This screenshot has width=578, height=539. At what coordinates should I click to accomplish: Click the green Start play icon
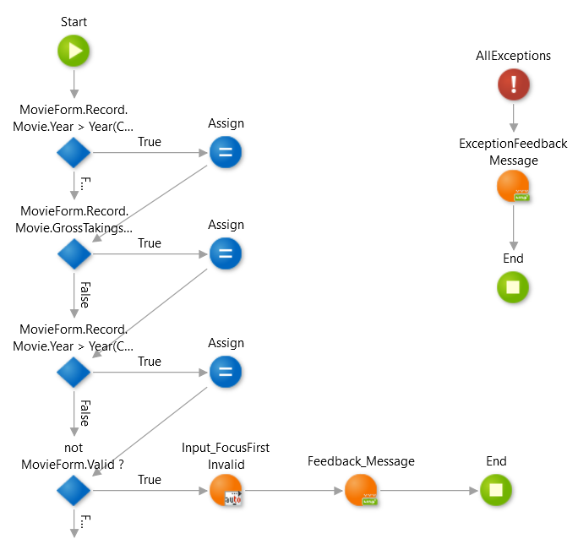74,51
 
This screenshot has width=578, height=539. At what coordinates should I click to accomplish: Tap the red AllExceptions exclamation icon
513,84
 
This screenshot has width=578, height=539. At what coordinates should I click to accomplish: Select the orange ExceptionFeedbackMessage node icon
512,186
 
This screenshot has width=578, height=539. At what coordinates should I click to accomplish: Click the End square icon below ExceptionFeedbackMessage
513,287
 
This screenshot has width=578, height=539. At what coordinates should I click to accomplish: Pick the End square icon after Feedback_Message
496,490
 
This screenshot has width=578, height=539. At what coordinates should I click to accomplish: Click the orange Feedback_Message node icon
361,490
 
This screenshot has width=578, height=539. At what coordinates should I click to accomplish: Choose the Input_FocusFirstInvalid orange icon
226,490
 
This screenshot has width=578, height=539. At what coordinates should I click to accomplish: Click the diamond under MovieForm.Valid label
74,490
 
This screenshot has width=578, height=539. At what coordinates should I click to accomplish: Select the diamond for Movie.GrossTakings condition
74,253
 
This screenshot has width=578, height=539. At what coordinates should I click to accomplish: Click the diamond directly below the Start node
74,153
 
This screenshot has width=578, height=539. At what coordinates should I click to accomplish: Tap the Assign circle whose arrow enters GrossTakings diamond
226,153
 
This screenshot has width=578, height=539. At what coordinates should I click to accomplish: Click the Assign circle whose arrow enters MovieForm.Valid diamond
226,372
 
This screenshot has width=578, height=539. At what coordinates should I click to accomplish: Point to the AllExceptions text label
513,56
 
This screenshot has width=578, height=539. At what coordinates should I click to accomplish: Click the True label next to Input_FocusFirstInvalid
150,480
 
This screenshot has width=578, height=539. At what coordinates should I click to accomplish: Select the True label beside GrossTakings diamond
150,243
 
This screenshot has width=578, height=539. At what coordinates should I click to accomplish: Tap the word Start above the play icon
74,21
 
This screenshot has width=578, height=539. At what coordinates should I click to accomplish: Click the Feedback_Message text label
361,461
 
